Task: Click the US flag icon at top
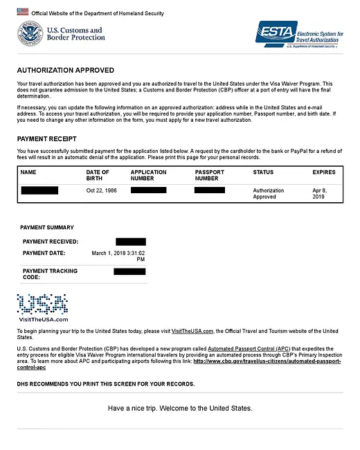[23, 12]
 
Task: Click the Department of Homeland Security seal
[30, 34]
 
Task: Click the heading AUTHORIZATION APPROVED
[66, 71]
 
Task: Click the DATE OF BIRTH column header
[98, 175]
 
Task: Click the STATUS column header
[263, 172]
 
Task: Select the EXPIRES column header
[324, 172]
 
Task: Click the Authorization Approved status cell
[269, 193]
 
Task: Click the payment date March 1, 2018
[123, 257]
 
